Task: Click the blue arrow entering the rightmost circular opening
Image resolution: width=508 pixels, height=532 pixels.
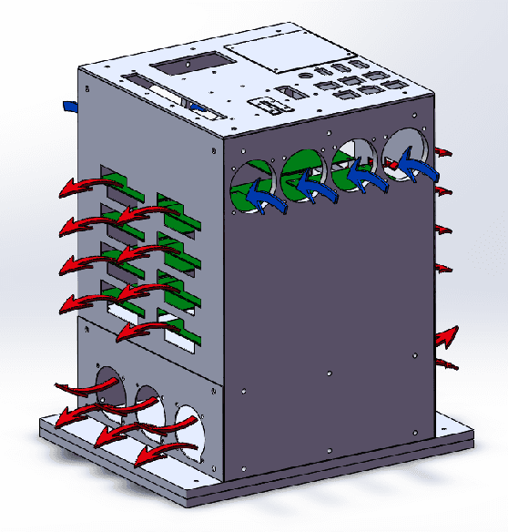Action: coord(420,169)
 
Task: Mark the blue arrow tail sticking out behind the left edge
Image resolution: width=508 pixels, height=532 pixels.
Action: coord(70,106)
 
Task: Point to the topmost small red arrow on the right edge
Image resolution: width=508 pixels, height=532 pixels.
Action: coord(443,150)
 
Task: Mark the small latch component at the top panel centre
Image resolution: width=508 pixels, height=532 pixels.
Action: coord(268,103)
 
